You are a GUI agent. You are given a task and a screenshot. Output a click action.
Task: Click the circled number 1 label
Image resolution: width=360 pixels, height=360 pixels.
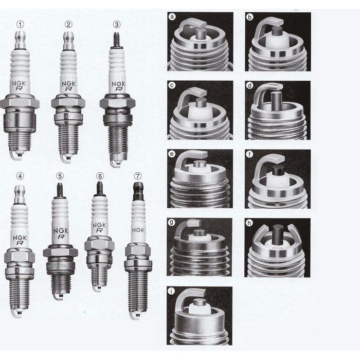(x=20, y=24)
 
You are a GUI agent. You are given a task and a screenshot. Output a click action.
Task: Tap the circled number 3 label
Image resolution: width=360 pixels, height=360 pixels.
(x=117, y=24)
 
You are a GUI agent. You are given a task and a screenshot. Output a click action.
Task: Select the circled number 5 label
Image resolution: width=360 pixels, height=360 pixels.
(x=60, y=176)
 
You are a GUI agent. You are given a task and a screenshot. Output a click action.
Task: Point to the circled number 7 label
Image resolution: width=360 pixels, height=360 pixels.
(x=137, y=176)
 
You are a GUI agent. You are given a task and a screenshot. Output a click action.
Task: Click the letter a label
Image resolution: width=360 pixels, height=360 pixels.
(x=172, y=17)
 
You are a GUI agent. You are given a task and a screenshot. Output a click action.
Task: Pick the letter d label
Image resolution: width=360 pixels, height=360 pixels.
(x=249, y=85)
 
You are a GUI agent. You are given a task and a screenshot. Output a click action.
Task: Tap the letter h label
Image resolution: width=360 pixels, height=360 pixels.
(x=249, y=223)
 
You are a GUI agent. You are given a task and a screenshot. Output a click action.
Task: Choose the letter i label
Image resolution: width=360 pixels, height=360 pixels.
(x=171, y=291)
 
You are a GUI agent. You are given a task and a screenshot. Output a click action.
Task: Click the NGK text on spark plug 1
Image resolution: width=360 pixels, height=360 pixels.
(x=19, y=83)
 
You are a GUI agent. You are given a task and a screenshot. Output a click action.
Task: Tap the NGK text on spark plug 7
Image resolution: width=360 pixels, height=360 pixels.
(x=138, y=230)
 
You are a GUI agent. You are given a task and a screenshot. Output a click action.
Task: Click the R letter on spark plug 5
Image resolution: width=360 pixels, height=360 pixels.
(x=61, y=237)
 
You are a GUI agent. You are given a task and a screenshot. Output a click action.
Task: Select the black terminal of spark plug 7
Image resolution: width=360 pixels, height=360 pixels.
(x=138, y=191)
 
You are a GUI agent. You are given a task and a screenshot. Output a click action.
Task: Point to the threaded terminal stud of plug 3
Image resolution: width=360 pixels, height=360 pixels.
(x=117, y=40)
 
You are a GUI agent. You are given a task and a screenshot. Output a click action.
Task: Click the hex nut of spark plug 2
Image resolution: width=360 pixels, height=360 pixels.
(x=68, y=103)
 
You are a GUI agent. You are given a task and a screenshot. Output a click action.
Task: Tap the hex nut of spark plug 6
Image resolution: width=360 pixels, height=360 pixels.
(x=99, y=245)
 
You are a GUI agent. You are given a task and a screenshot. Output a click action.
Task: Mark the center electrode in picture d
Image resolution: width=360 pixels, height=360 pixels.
(x=276, y=101)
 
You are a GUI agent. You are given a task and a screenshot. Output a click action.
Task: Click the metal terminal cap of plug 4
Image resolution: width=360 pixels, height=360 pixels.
(x=20, y=194)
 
